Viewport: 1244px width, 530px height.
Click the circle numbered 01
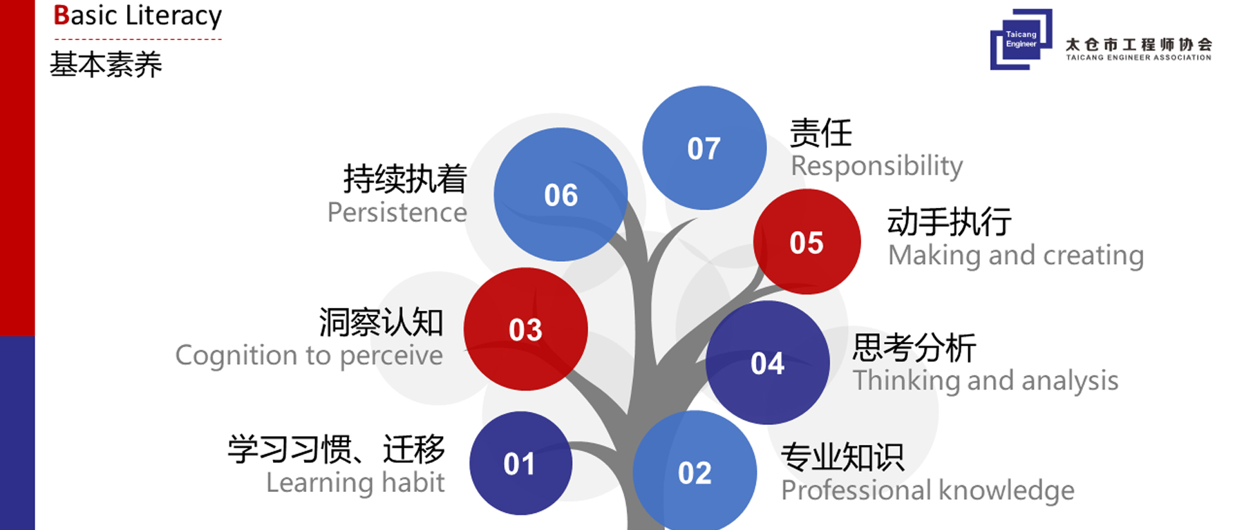click(x=520, y=463)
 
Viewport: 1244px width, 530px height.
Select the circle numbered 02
click(x=695, y=472)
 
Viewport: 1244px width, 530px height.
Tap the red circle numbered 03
click(x=525, y=329)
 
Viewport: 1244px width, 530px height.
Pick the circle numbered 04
click(x=767, y=363)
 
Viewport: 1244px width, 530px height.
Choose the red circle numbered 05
click(x=807, y=242)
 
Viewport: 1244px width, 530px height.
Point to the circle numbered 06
click(x=560, y=194)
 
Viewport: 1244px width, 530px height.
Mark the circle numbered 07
click(x=704, y=148)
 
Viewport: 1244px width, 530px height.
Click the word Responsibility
click(x=876, y=166)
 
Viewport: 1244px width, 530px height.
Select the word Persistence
click(x=397, y=212)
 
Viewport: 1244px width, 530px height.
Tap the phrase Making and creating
click(x=1016, y=256)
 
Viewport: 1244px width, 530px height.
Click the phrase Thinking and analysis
click(x=986, y=381)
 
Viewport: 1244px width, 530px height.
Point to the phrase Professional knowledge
click(x=927, y=491)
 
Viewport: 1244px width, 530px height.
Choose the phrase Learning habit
click(x=355, y=482)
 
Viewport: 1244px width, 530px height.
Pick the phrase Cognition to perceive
click(x=309, y=355)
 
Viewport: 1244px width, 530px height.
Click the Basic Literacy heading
click(x=138, y=15)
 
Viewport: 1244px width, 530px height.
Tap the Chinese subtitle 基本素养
click(x=106, y=65)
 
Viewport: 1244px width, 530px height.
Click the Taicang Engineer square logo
click(x=1021, y=39)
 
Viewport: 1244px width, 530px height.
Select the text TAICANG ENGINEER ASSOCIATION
click(x=1138, y=57)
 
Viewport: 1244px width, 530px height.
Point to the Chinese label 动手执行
click(x=950, y=222)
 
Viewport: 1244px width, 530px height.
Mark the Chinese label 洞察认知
click(x=381, y=322)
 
